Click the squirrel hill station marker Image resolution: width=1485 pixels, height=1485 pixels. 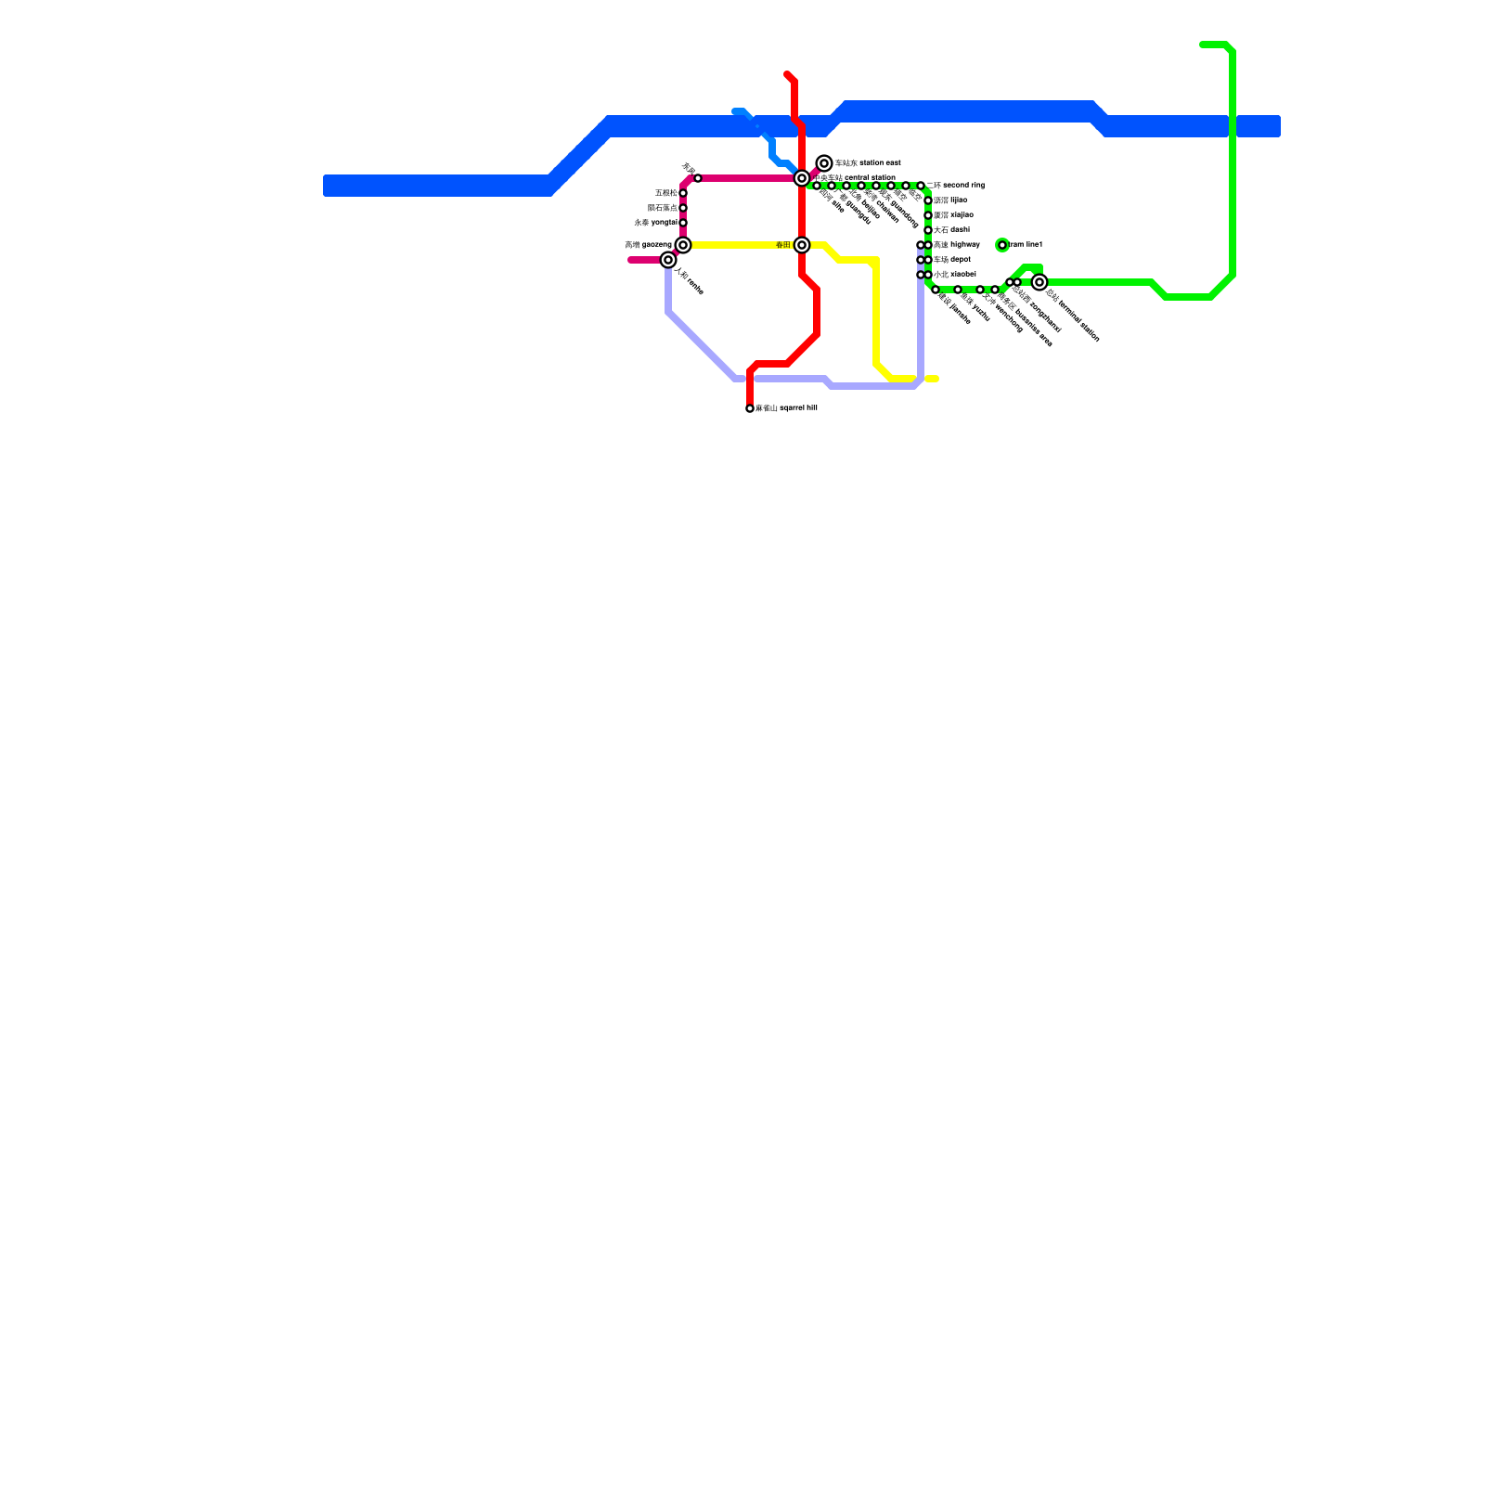(750, 408)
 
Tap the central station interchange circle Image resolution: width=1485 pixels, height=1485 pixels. (802, 178)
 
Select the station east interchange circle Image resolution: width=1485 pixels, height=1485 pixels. (824, 163)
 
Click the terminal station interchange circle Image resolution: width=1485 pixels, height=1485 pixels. (1039, 282)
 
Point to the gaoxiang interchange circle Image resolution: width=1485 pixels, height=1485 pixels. (683, 245)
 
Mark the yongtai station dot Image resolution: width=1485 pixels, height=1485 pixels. (683, 223)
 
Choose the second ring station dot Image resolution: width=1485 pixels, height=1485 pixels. (921, 186)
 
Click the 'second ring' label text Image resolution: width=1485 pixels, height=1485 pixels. (956, 186)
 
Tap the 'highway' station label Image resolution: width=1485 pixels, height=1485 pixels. (957, 244)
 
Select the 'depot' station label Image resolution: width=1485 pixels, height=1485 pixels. (952, 259)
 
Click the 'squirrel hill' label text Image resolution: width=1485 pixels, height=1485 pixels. (786, 407)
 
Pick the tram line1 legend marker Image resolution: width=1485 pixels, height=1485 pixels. (1002, 245)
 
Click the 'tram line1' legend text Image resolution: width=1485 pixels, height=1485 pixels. (1026, 244)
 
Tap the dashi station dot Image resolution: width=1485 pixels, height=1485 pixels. (928, 230)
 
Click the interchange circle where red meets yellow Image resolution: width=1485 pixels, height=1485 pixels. (802, 245)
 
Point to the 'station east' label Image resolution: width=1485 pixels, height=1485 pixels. (868, 163)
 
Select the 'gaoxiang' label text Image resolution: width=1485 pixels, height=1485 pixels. (648, 245)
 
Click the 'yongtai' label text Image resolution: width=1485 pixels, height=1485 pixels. (655, 223)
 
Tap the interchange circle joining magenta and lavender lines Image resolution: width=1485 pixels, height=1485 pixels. (668, 260)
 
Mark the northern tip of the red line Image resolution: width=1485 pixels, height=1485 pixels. (787, 73)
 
